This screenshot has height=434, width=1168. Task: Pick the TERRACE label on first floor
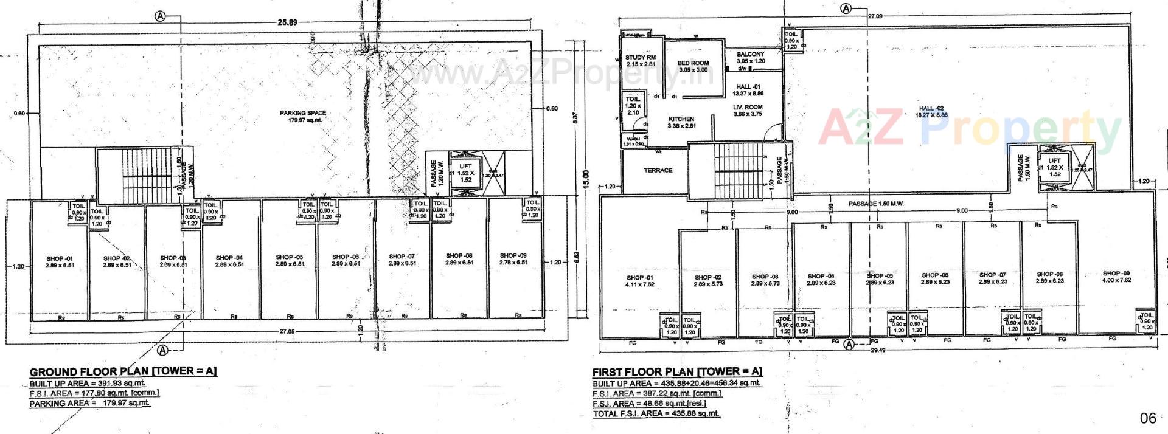tap(658, 170)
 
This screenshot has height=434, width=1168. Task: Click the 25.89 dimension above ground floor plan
tap(287, 22)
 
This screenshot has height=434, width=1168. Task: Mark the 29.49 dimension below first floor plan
tap(877, 350)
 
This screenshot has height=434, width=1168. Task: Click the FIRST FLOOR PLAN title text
tap(677, 371)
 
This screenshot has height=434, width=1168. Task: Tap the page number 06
tap(1147, 418)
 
